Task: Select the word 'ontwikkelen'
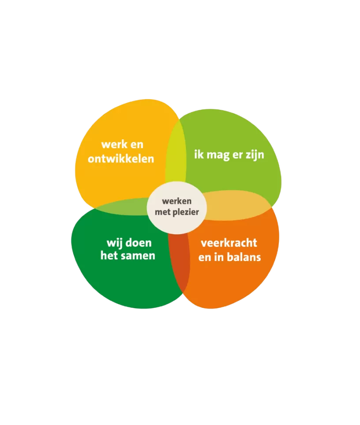point(121,158)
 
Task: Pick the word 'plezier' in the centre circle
point(186,212)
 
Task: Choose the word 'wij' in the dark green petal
point(114,243)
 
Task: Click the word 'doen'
point(139,243)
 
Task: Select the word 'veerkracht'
point(229,243)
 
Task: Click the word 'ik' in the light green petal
point(199,155)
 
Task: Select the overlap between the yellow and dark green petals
point(121,207)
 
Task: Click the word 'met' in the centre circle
point(168,212)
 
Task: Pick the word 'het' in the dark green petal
point(109,256)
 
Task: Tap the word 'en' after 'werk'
point(136,145)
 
